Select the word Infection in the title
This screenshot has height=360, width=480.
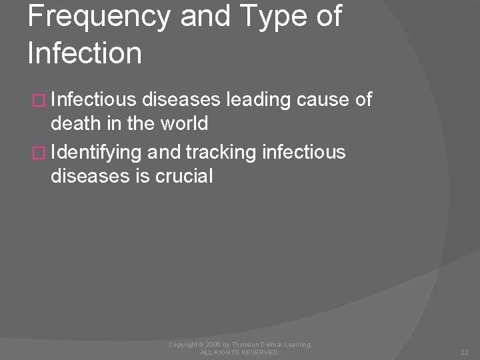click(85, 53)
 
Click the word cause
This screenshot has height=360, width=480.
click(321, 101)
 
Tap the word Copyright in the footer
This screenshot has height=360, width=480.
click(184, 343)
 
